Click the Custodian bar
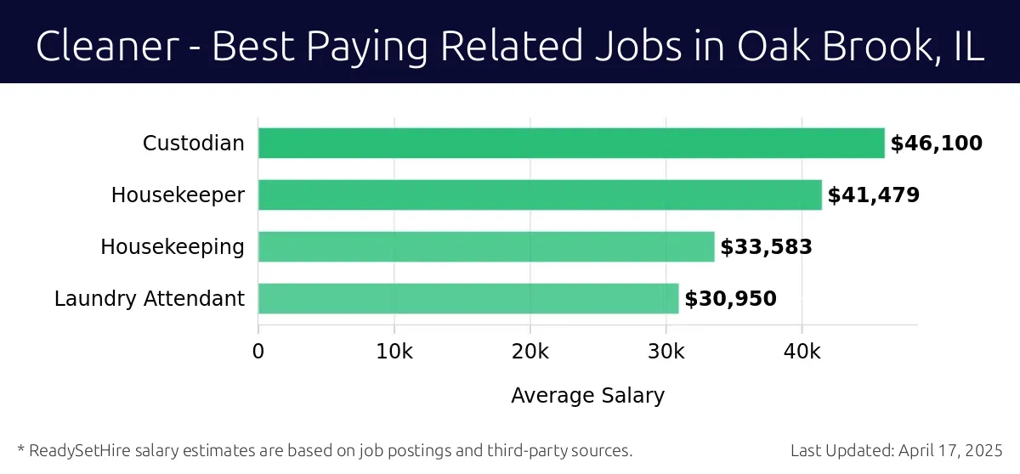point(571,144)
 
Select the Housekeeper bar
point(540,195)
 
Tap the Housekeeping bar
point(486,247)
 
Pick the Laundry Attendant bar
point(468,299)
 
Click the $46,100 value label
point(936,144)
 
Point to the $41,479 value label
point(874,195)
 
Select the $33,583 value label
point(766,247)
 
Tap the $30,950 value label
point(730,299)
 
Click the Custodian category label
point(193,144)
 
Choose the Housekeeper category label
point(178,195)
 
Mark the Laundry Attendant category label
point(150,299)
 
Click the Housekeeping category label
point(173,247)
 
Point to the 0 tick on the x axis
point(258,352)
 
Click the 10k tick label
point(394,352)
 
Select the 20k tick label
point(530,352)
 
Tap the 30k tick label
point(666,352)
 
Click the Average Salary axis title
point(587,396)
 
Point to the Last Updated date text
point(897,450)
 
